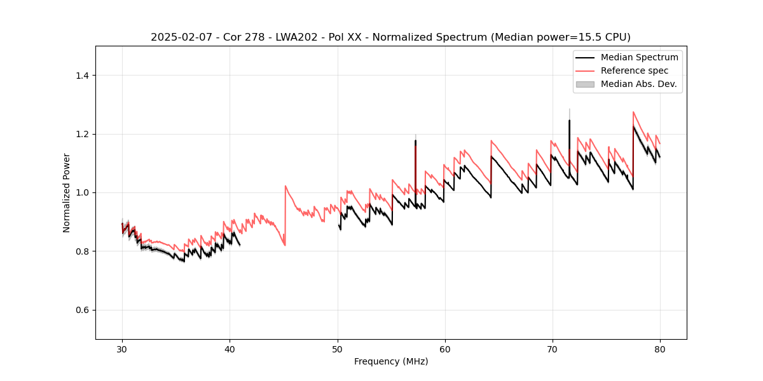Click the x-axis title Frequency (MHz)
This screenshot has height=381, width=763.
(x=391, y=361)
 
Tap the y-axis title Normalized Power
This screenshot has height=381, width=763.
(x=67, y=192)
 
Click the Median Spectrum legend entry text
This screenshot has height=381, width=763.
(x=639, y=57)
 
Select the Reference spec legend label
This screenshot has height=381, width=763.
(x=634, y=70)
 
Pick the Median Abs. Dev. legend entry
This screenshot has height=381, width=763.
(x=638, y=84)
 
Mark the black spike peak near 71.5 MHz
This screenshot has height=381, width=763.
(x=569, y=120)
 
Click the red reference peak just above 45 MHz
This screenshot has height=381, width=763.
(x=285, y=186)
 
